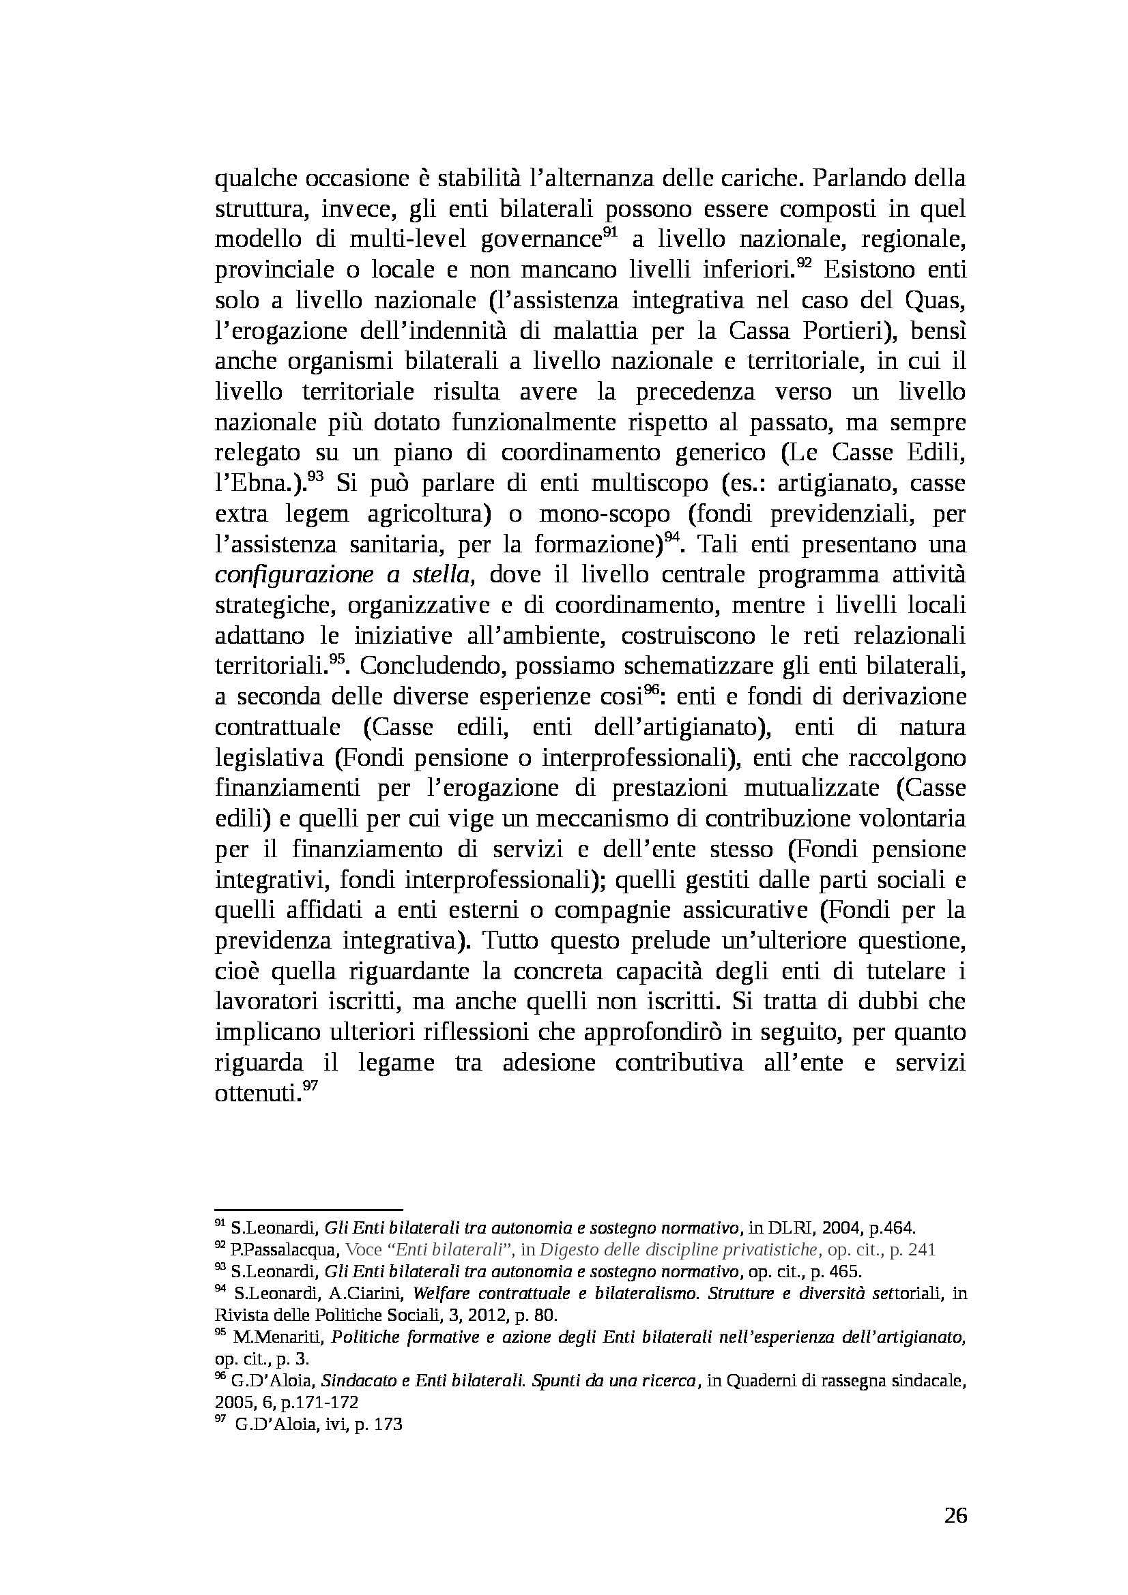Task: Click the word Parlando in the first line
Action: click(858, 179)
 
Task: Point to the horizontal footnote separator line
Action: click(308, 1210)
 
